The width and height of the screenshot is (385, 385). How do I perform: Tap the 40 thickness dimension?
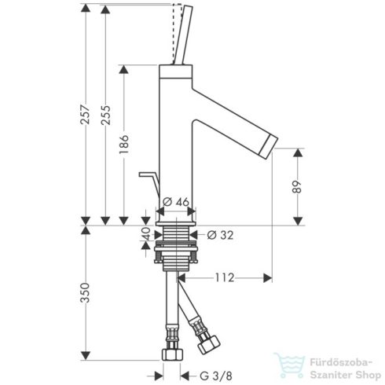(x=145, y=235)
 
